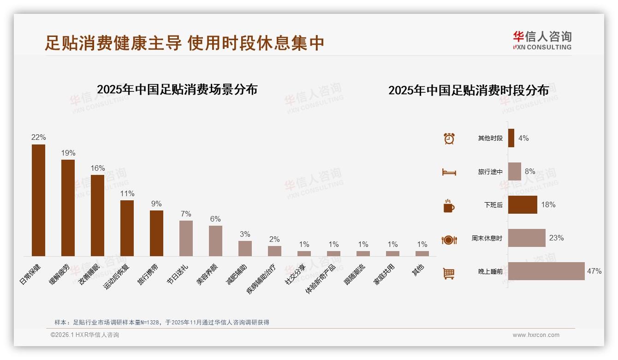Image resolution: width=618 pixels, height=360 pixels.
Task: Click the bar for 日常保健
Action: (38, 200)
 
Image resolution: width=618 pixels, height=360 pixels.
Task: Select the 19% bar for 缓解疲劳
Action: (68, 208)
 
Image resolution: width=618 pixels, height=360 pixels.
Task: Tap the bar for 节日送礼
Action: (186, 238)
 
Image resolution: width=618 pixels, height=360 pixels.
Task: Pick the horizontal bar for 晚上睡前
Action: (547, 271)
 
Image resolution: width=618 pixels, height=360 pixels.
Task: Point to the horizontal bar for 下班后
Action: (523, 205)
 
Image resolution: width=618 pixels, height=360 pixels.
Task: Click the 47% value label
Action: (594, 271)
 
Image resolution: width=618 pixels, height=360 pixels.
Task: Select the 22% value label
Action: (38, 138)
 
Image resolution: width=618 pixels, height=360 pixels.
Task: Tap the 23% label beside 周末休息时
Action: (556, 238)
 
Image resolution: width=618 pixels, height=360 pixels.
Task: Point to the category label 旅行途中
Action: (490, 172)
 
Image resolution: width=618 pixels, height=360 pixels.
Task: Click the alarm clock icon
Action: (449, 138)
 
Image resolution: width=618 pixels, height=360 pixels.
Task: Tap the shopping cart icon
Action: (449, 274)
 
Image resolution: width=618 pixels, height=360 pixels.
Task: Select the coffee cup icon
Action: (449, 206)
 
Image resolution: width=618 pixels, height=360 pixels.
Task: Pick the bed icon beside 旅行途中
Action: (449, 172)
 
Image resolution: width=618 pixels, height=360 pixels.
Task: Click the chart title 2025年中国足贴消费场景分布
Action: (177, 90)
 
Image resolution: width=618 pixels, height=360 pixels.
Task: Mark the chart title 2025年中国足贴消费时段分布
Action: (469, 90)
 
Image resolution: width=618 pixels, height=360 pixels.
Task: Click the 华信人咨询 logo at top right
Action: (542, 40)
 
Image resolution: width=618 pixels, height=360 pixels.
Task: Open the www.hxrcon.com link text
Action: (536, 335)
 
